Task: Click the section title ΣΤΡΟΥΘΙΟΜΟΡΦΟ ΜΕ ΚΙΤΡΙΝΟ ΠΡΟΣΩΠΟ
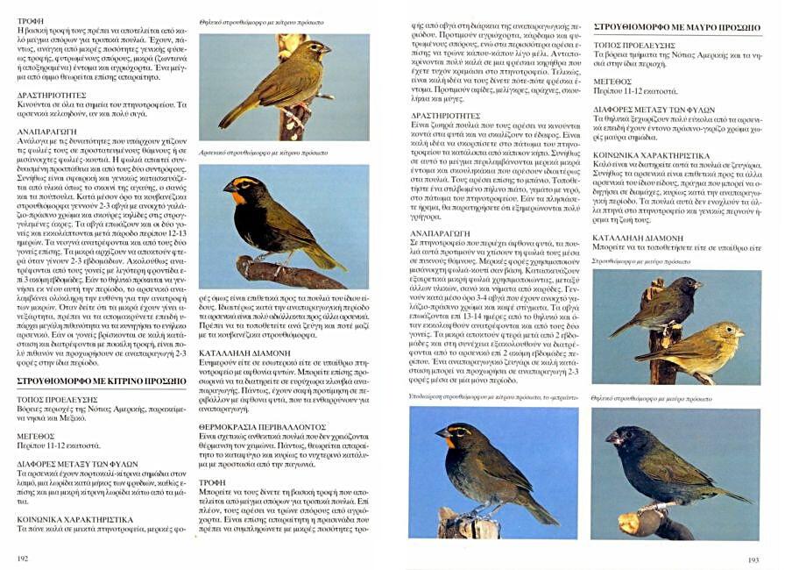102,381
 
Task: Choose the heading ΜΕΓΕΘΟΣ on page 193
612,80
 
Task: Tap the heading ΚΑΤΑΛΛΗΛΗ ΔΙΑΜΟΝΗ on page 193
638,238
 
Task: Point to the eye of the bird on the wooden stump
453,431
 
